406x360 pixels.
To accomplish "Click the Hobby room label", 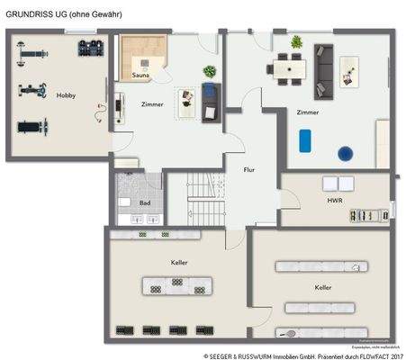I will point(66,94).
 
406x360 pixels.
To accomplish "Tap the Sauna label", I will point(140,76).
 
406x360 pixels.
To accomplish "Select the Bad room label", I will point(144,203).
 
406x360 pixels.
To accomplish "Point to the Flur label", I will point(250,168).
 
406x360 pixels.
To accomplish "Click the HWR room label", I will point(334,201).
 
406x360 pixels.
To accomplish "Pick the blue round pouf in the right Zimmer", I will point(346,154).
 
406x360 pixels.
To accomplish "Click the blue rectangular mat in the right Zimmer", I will point(305,140).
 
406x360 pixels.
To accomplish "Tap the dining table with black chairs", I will point(290,66).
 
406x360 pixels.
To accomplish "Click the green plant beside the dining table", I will point(296,41).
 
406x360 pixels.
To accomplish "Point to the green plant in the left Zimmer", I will point(210,70).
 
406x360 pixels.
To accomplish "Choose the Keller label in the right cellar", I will point(323,287).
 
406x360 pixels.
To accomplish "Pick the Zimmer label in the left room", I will point(153,104).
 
